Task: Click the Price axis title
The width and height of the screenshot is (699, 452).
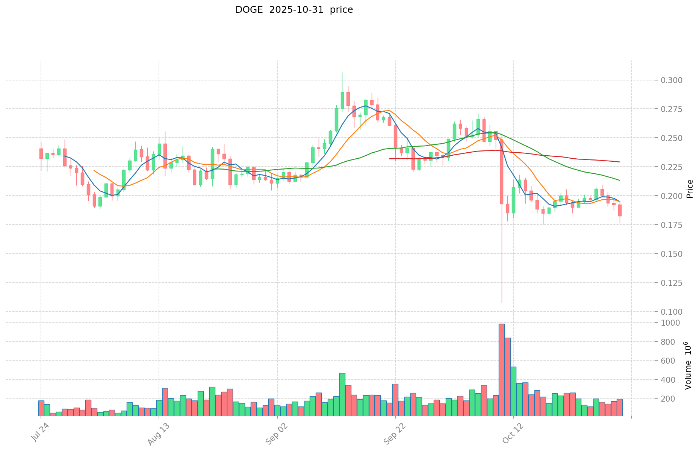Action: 690,189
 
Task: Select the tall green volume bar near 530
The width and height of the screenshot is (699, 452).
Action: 513,391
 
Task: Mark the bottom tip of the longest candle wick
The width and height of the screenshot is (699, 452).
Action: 501,302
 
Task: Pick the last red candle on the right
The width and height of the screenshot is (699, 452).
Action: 620,210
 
